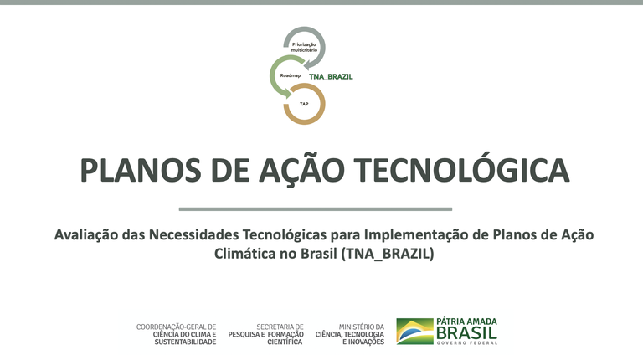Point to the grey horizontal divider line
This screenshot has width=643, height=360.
[316, 208]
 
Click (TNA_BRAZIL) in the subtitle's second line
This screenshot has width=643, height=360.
[388, 253]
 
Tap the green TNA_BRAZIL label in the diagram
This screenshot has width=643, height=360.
[331, 76]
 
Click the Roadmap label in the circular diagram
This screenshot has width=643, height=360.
[290, 75]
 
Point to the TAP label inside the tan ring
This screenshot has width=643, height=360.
[304, 104]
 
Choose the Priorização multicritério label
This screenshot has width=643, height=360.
[304, 45]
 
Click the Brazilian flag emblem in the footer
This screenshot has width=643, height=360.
[414, 332]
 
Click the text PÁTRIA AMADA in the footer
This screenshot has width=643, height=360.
[466, 321]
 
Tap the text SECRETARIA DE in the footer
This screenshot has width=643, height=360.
[280, 327]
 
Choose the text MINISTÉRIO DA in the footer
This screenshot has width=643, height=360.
[362, 327]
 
